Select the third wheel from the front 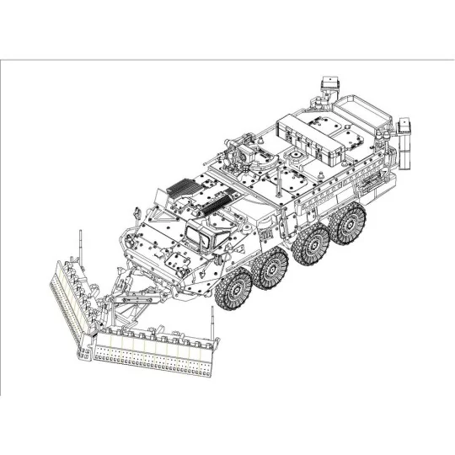(309, 244)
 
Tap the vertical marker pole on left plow (81, 244)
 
